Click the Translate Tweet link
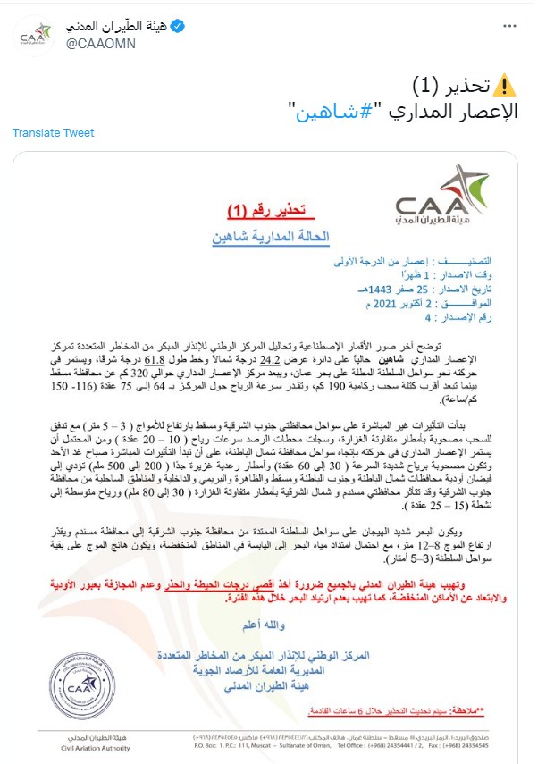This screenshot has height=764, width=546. click(54, 133)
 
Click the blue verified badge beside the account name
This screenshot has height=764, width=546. click(179, 27)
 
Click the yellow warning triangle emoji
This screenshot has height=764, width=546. click(505, 86)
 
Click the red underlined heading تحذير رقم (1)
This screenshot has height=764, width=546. click(265, 211)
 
